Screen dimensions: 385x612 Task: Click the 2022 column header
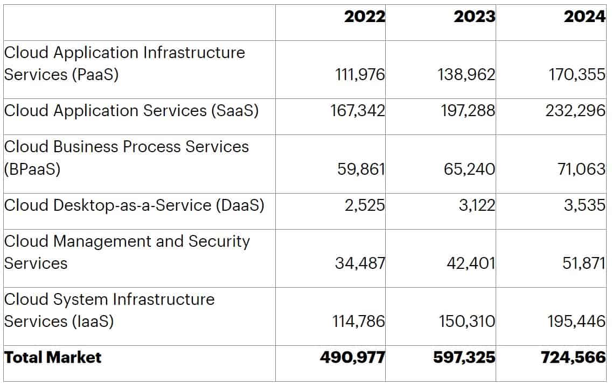(x=365, y=17)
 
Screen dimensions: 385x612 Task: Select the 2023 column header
(x=474, y=17)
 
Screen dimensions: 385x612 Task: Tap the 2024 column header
(x=585, y=17)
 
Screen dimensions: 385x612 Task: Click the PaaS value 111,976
(x=360, y=75)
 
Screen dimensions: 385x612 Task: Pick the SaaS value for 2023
(x=466, y=111)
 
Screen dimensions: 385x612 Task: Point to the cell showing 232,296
(x=576, y=111)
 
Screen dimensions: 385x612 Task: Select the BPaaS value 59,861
(x=361, y=169)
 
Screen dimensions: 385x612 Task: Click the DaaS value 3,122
(x=477, y=206)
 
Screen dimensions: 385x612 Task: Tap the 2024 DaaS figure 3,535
(x=585, y=206)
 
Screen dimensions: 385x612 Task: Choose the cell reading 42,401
(x=470, y=264)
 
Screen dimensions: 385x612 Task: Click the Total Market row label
(x=53, y=358)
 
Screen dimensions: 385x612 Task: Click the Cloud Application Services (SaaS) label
(x=131, y=111)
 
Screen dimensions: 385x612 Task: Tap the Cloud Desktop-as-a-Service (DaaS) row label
(x=134, y=205)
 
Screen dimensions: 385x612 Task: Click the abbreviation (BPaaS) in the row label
(x=32, y=169)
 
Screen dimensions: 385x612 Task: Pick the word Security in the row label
(x=219, y=242)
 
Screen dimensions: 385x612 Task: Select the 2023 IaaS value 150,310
(x=466, y=322)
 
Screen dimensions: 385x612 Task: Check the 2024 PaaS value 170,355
(x=576, y=75)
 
